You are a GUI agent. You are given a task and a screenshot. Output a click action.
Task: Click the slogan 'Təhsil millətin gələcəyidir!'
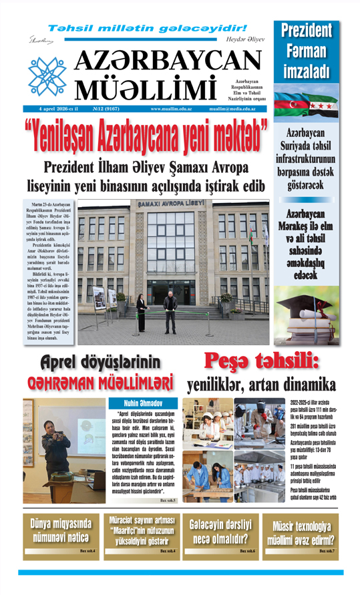coord(148,28)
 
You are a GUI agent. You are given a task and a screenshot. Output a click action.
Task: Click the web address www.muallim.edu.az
coord(173,109)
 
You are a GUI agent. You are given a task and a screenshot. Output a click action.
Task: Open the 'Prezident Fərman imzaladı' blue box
coord(307,51)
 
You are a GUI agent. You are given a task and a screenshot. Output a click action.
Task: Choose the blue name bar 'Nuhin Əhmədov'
coord(144,403)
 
